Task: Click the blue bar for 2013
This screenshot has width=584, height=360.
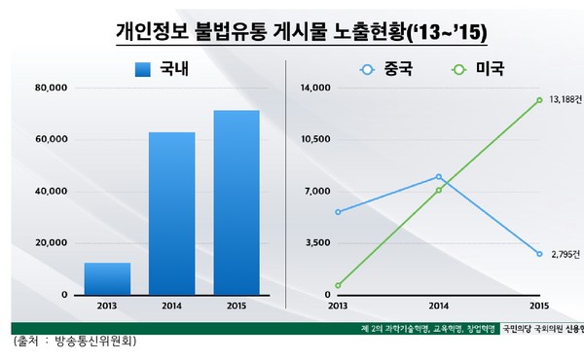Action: point(107,278)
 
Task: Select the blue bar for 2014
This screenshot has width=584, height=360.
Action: point(171,213)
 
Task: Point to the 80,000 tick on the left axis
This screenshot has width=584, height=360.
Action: point(50,89)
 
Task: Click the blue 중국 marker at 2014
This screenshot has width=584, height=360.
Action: point(439,177)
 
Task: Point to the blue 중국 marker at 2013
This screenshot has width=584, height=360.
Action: point(338,211)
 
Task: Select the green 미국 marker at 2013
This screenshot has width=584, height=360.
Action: point(338,285)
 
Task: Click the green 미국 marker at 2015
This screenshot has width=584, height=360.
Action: point(539,100)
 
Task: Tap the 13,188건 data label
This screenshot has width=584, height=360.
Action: point(565,100)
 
